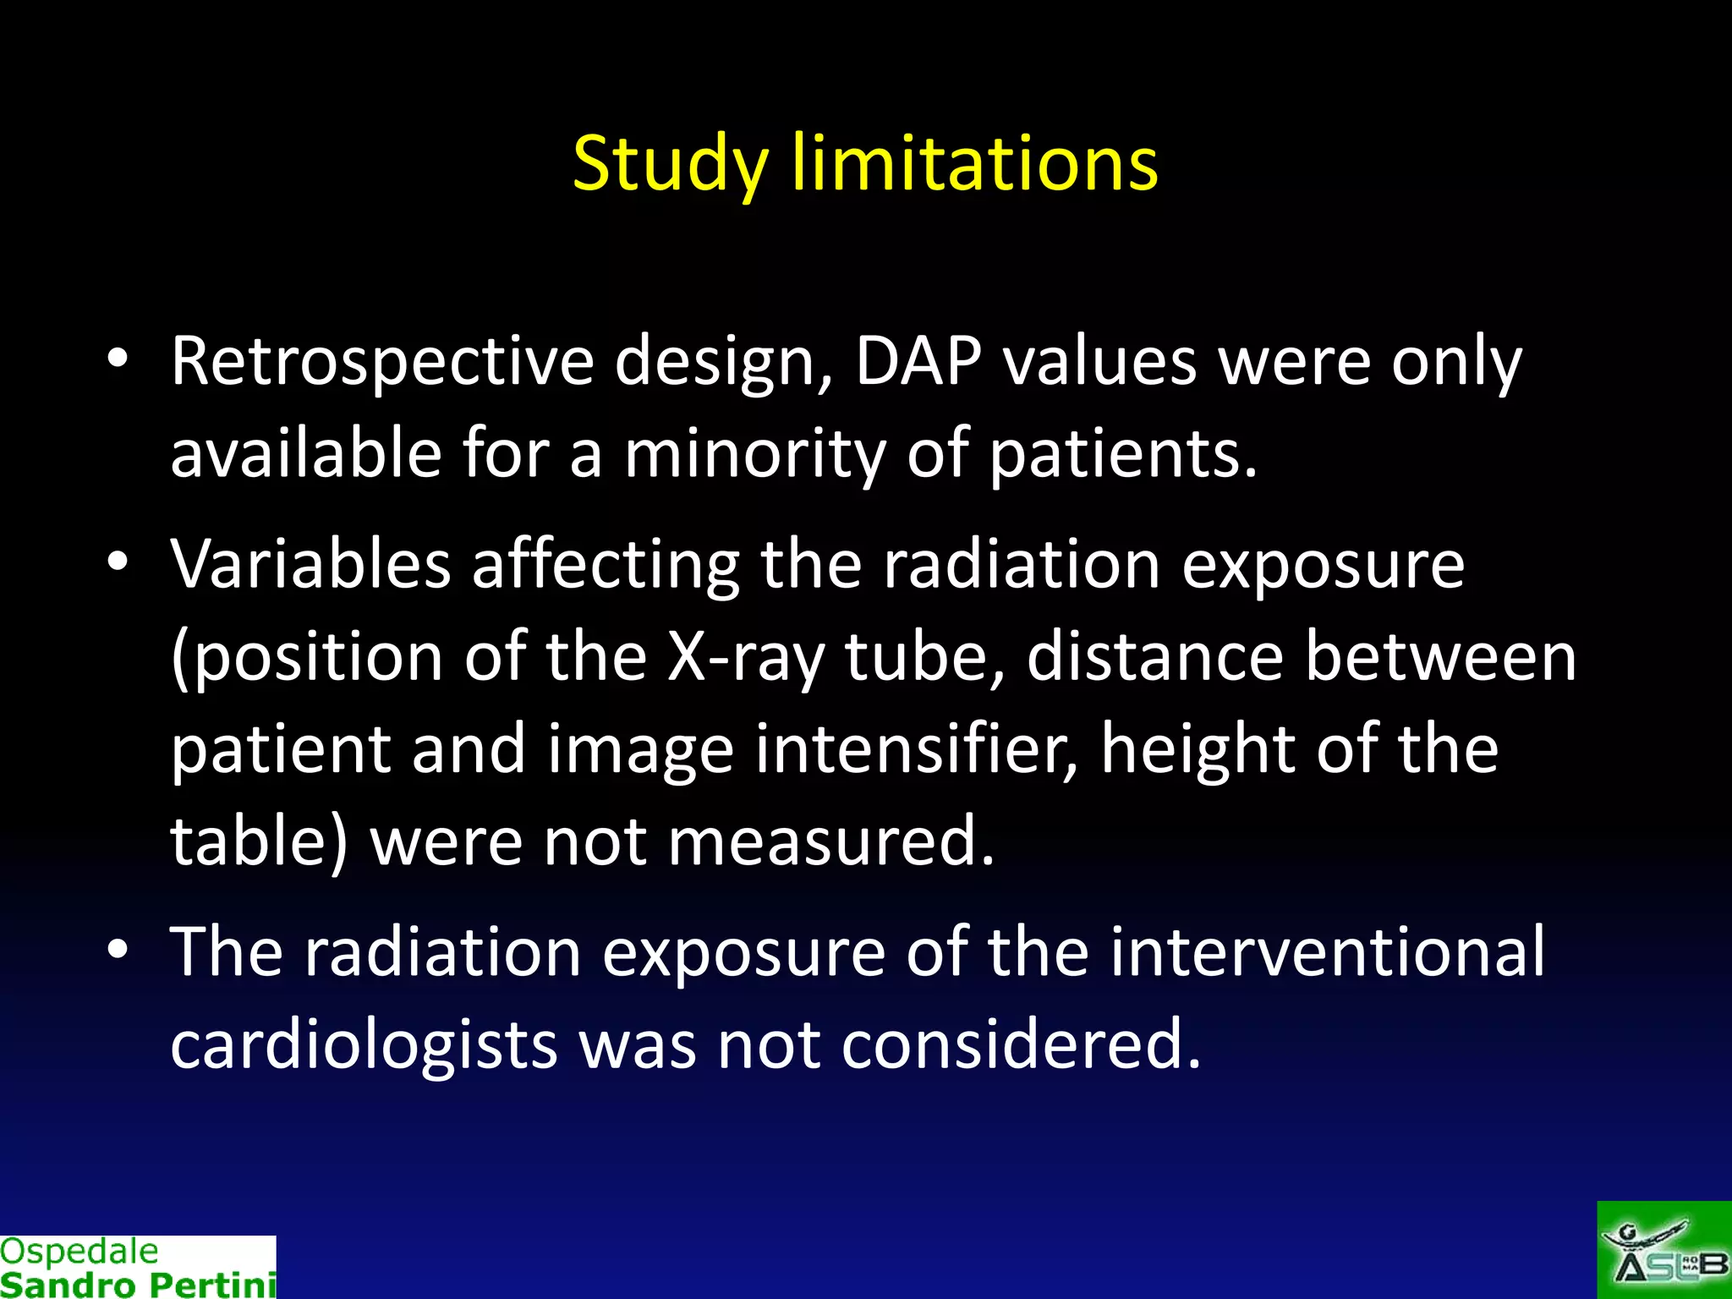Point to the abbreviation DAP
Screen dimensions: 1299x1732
[x=918, y=362]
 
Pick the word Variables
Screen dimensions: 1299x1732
[x=310, y=564]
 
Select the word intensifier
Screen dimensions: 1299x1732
[x=916, y=749]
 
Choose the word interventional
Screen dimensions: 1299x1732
[x=1327, y=951]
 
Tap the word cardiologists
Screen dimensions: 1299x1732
[x=364, y=1044]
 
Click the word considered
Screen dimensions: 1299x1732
[x=1021, y=1044]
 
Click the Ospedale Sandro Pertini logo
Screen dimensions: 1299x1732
[x=138, y=1267]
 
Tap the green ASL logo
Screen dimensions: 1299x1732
[x=1663, y=1251]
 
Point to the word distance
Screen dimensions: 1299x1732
[x=1155, y=657]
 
